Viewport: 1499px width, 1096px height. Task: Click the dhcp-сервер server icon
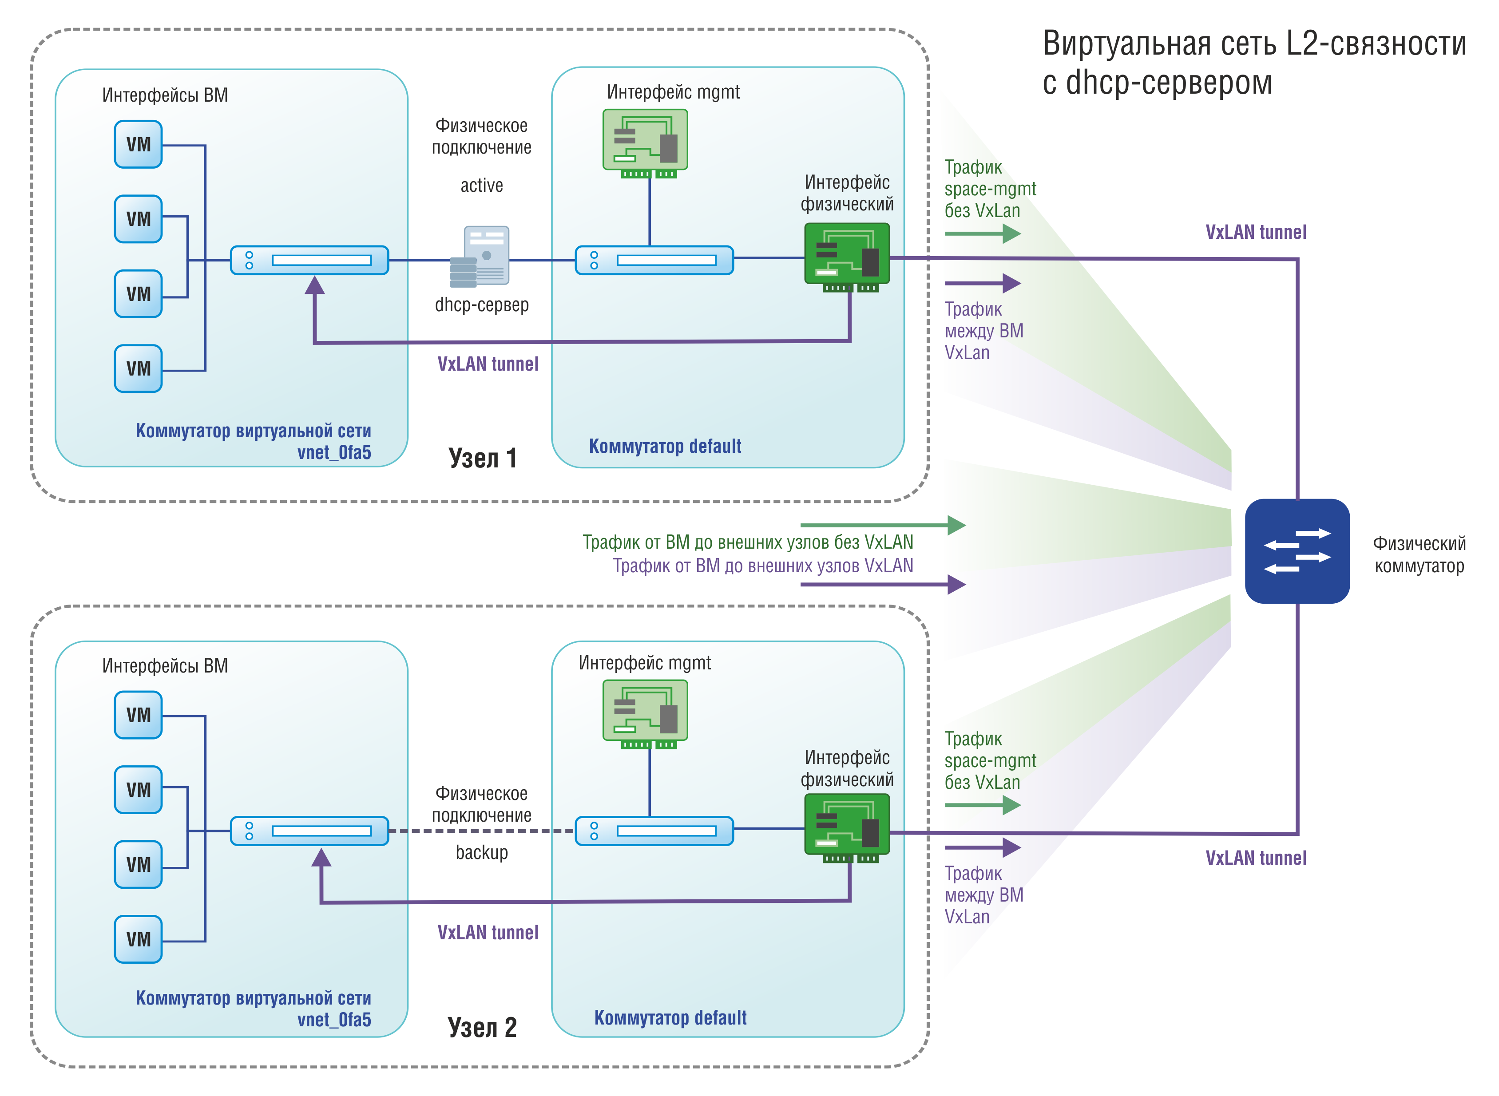480,257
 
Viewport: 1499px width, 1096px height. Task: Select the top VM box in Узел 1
138,144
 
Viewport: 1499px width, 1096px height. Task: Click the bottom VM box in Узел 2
138,939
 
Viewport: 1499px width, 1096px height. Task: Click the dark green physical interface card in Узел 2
847,828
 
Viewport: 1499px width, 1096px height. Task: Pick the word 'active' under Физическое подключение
482,185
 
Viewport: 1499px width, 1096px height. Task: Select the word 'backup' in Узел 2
482,852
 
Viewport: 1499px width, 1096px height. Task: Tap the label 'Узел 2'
482,1027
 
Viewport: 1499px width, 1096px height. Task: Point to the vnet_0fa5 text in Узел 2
334,1020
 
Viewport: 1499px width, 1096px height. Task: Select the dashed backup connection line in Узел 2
482,831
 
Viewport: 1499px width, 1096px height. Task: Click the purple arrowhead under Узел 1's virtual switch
314,285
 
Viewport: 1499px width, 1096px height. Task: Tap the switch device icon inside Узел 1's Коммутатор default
654,260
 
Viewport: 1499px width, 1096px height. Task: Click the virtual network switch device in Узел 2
309,831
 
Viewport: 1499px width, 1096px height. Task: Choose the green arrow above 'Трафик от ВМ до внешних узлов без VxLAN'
883,526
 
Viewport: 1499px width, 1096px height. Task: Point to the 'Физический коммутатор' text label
1420,554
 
